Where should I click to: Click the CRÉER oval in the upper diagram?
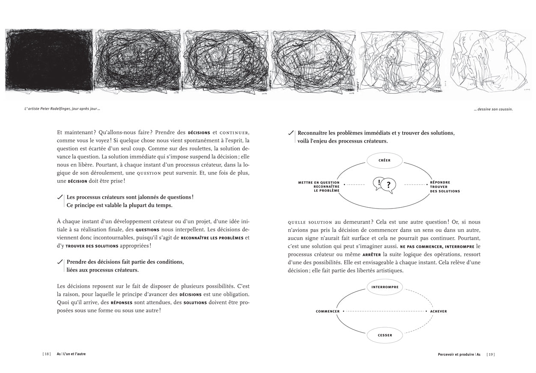[x=384, y=161]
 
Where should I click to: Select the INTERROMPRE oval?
[x=385, y=287]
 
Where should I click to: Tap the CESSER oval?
[x=385, y=335]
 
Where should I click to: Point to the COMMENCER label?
[x=328, y=311]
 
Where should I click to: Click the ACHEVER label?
[x=438, y=311]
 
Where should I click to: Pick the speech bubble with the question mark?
[x=388, y=185]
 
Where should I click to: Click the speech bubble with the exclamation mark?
[x=378, y=183]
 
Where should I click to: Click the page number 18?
[x=46, y=354]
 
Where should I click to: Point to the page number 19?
[x=491, y=354]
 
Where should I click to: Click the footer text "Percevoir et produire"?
[x=456, y=354]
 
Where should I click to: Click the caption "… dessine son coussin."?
[x=493, y=109]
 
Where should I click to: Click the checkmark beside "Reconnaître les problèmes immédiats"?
[x=291, y=133]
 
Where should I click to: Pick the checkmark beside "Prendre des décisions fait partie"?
[x=60, y=261]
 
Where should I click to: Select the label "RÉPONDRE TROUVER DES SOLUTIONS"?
[x=445, y=187]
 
